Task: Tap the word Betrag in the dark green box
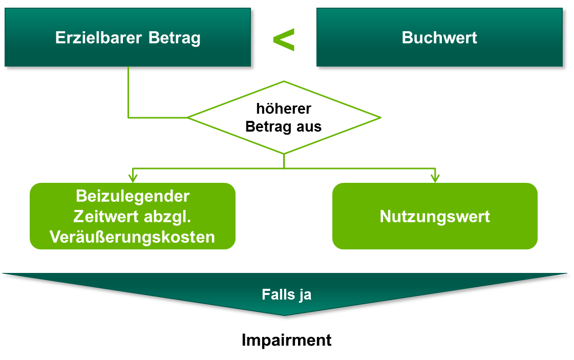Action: pyautogui.click(x=175, y=38)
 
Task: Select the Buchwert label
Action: pyautogui.click(x=439, y=38)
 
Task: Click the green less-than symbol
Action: pyautogui.click(x=284, y=39)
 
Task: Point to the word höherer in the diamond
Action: pyautogui.click(x=284, y=109)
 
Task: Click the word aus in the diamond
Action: pyautogui.click(x=309, y=127)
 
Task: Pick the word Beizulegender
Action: pyautogui.click(x=133, y=196)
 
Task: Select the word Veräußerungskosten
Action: pyautogui.click(x=132, y=237)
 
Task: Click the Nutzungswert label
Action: pyautogui.click(x=435, y=216)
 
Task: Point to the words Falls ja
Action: pyautogui.click(x=287, y=295)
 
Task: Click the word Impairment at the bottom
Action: pyautogui.click(x=287, y=340)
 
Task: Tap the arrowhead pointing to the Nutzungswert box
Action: pyautogui.click(x=435, y=179)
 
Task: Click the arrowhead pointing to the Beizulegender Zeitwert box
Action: pyautogui.click(x=133, y=179)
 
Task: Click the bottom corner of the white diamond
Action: pyautogui.click(x=284, y=153)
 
